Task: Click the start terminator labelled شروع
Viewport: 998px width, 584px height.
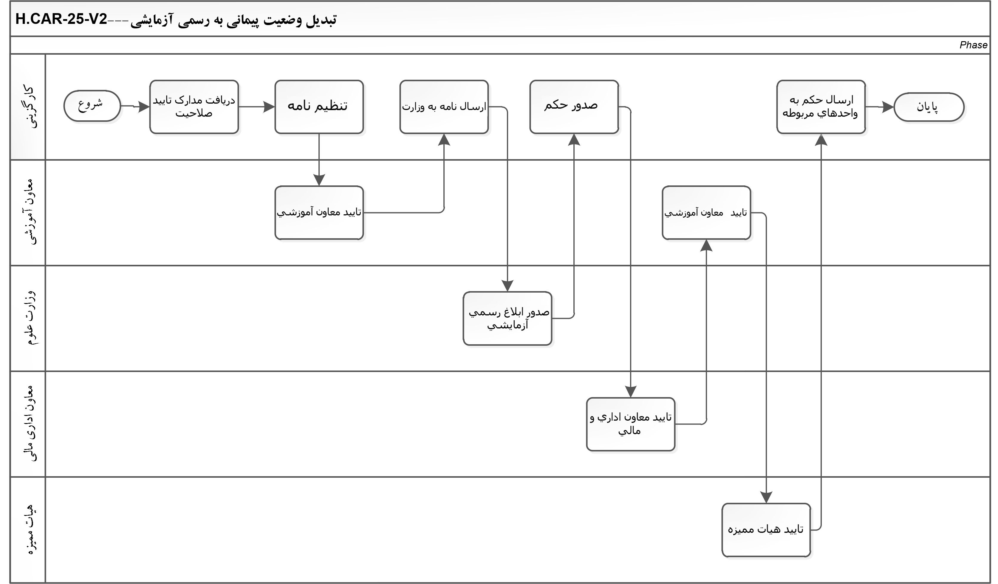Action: tap(92, 106)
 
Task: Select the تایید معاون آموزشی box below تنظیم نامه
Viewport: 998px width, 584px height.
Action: tap(319, 213)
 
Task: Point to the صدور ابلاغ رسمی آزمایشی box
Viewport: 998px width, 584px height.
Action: tap(507, 318)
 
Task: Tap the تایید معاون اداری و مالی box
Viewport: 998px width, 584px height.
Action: tap(630, 424)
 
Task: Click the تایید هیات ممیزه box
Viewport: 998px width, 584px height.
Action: tap(766, 530)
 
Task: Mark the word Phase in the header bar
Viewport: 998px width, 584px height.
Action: tap(973, 45)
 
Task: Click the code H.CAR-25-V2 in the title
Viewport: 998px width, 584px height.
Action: tap(61, 19)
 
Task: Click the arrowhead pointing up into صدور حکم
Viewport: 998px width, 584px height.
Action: tap(574, 139)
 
